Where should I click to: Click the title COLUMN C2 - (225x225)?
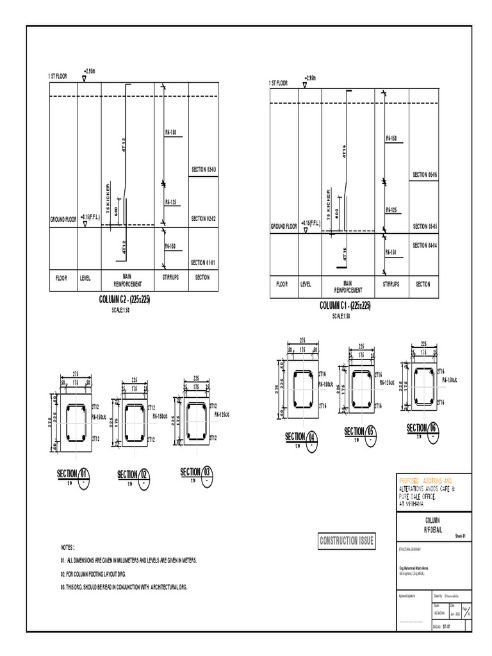(x=125, y=299)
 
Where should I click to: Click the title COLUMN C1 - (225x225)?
(x=345, y=306)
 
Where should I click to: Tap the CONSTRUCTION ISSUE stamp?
(x=347, y=541)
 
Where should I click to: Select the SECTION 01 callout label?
(x=72, y=473)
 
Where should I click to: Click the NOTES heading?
(x=68, y=548)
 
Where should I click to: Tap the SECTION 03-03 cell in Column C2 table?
(x=203, y=170)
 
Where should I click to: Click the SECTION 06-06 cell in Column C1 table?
(x=424, y=175)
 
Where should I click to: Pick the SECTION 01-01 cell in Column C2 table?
(x=203, y=262)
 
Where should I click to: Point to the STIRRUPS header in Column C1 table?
(x=391, y=284)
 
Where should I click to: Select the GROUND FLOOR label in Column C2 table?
(x=63, y=220)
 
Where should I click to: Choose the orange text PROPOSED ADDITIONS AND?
(x=425, y=480)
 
